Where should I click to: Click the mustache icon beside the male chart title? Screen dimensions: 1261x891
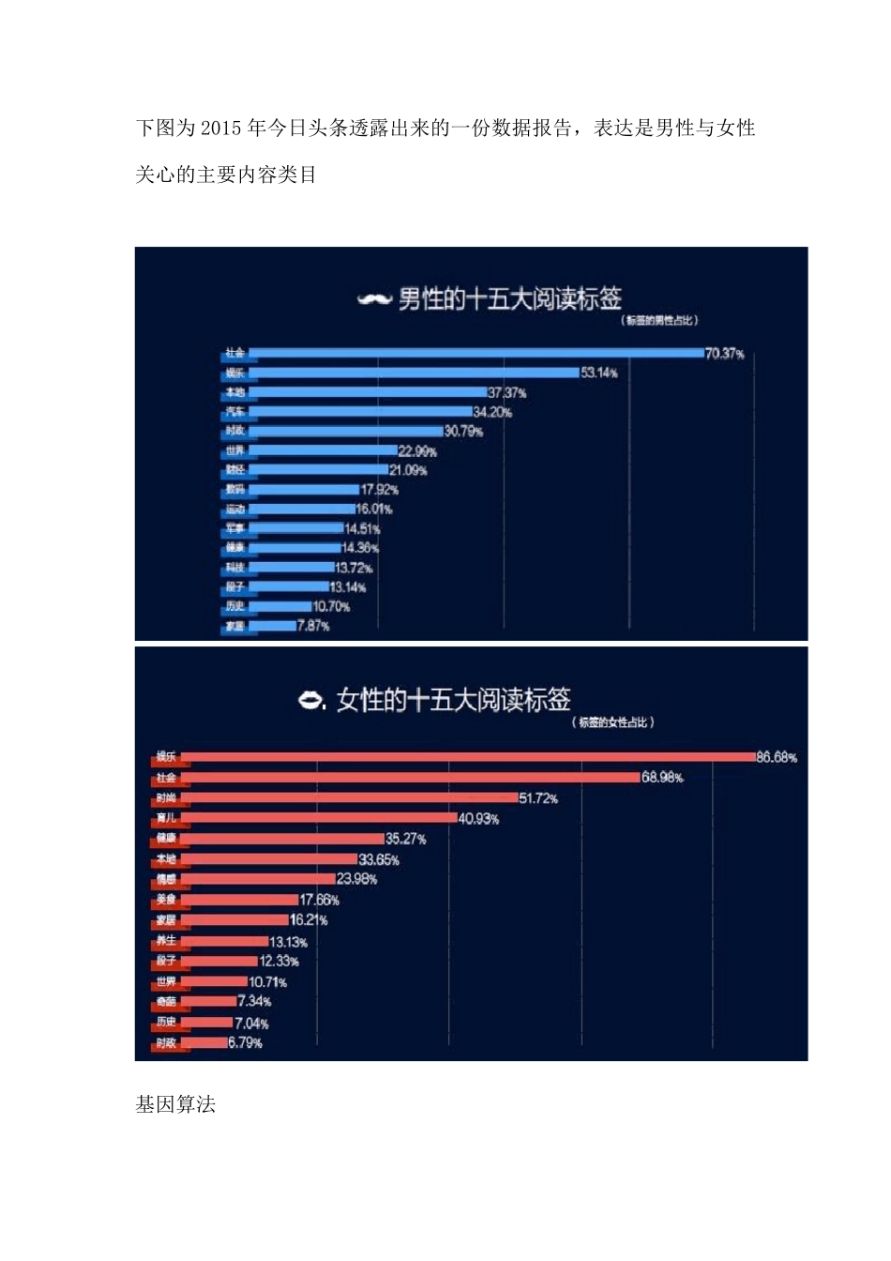pos(374,300)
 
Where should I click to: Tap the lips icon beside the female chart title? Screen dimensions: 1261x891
pos(310,700)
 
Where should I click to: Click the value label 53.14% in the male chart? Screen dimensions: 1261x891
pos(598,372)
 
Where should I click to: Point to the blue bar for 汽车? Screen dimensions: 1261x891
pos(360,412)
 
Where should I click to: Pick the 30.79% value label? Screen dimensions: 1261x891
pos(463,432)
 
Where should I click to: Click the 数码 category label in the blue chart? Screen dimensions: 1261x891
pos(234,490)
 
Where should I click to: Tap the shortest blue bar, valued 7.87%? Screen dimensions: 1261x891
pos(272,626)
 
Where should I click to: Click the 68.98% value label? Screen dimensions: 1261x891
pos(662,778)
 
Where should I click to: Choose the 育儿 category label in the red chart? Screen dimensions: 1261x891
pos(166,818)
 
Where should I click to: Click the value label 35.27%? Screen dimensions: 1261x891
pos(405,839)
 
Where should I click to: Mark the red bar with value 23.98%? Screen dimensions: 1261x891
pos(263,879)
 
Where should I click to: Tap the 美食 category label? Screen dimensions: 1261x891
pos(166,900)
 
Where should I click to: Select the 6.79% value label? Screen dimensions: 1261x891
pos(245,1043)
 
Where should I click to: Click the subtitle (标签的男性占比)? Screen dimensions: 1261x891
pos(659,321)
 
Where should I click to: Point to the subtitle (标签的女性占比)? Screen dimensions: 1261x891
pos(612,722)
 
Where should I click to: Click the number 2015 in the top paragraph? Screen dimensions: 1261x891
pos(221,129)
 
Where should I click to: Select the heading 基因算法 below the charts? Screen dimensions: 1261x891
pos(175,1105)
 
